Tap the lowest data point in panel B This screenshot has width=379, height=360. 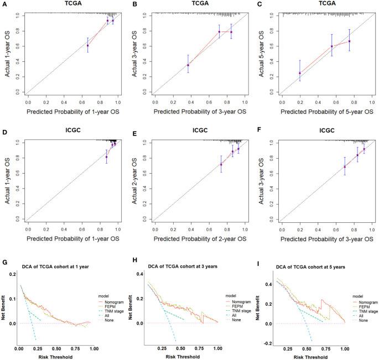(188, 65)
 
